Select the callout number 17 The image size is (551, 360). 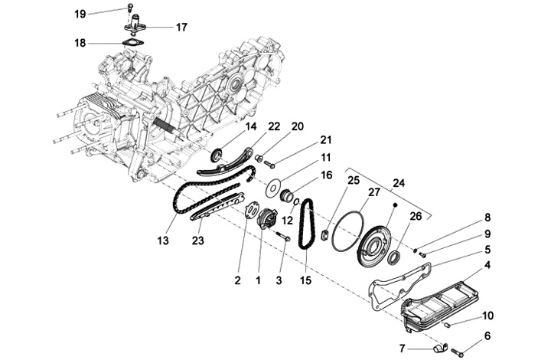[x=181, y=27]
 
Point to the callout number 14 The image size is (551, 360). [x=250, y=126]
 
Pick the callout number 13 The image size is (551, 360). [x=162, y=240]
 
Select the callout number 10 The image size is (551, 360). [x=488, y=315]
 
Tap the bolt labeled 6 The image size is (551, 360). [x=458, y=352]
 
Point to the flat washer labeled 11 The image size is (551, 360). [x=273, y=186]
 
